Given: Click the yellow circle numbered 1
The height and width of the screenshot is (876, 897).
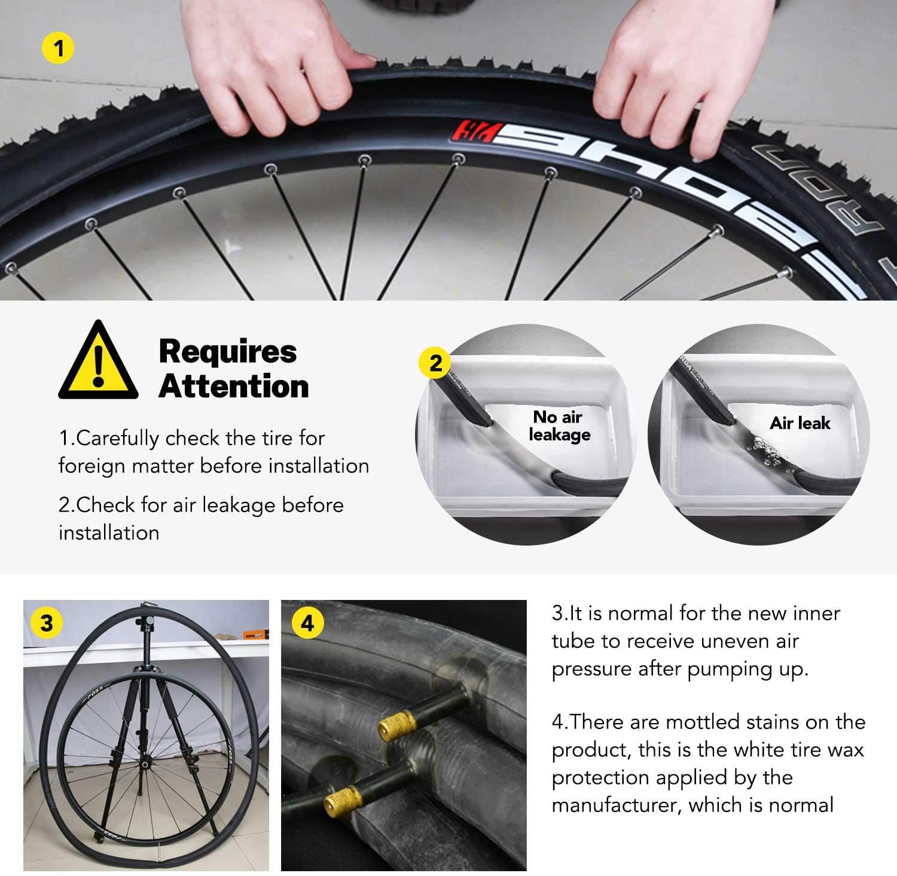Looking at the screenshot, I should point(58,47).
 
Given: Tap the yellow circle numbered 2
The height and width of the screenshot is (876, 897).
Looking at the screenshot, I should point(436,363).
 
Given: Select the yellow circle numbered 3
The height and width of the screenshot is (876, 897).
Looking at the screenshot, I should point(46,623).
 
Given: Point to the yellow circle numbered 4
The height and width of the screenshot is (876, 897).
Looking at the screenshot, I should point(307,623).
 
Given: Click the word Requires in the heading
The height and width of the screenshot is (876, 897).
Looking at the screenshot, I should point(228,351).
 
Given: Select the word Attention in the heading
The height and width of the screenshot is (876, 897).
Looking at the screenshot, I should point(234,386).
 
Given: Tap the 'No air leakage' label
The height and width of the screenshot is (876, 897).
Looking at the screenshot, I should point(559,425).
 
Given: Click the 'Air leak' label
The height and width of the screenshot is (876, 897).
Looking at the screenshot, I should point(800,423).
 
